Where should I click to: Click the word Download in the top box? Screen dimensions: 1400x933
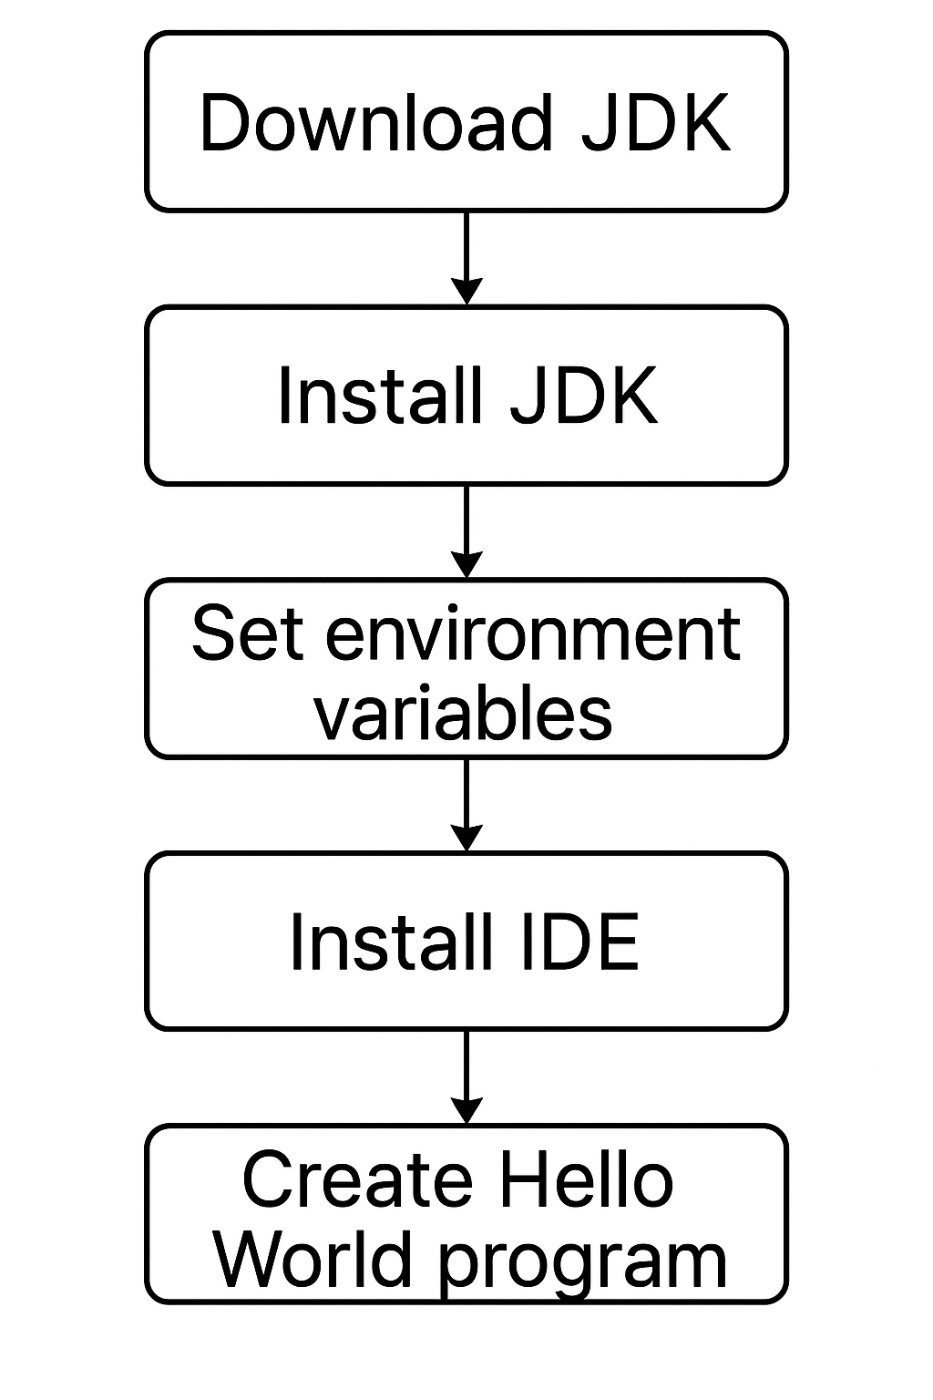tap(375, 122)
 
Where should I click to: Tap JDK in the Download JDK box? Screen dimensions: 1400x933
tap(655, 122)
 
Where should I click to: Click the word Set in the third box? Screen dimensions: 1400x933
tap(247, 633)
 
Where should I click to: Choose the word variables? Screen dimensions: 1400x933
tap(463, 713)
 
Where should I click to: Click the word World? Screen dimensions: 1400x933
tap(312, 1260)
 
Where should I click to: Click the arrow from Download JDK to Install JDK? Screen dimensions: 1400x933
tap(466, 255)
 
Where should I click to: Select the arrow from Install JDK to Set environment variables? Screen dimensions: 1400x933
tap(466, 529)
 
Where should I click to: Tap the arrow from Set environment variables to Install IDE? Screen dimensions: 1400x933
tap(466, 802)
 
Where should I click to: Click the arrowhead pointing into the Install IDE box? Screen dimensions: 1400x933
tap(466, 838)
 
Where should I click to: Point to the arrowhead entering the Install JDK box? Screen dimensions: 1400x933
tap(466, 291)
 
